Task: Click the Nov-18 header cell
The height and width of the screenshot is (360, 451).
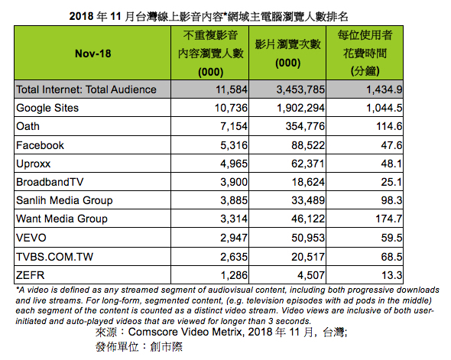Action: click(93, 54)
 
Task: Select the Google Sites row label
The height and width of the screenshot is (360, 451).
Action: click(47, 108)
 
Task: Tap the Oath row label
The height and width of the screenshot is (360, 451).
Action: click(28, 126)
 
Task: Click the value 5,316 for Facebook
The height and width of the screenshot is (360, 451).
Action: click(234, 145)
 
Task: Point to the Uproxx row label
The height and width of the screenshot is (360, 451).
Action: click(34, 164)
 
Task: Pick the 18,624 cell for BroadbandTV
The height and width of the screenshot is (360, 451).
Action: click(308, 182)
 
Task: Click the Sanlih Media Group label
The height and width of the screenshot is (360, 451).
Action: click(64, 200)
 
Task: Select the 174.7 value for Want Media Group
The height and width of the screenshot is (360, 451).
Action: click(388, 219)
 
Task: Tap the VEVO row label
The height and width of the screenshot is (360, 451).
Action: click(31, 238)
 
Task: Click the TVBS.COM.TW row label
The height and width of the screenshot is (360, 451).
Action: click(54, 257)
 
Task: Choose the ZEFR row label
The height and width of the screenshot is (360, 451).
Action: click(31, 275)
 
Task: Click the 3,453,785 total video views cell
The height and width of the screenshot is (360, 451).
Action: click(300, 89)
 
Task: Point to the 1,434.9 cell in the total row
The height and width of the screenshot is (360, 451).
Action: click(384, 89)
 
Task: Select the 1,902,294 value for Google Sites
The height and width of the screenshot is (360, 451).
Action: click(300, 108)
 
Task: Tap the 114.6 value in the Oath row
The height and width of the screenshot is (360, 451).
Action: click(389, 126)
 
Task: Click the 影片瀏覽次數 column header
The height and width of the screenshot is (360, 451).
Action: click(287, 54)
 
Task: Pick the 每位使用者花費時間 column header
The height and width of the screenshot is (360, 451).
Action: click(365, 53)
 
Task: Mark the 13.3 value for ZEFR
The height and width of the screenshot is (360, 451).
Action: click(391, 275)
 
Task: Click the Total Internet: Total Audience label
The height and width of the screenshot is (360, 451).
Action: click(86, 89)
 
